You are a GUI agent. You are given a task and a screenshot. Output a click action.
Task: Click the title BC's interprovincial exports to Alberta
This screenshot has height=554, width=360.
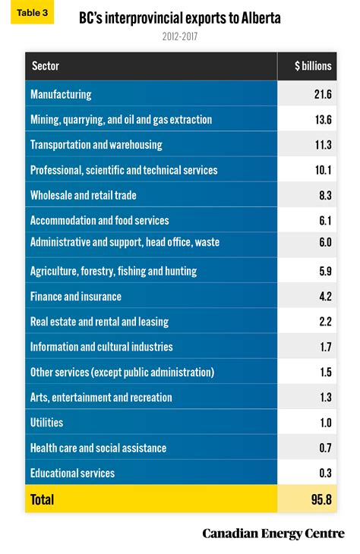click(180, 18)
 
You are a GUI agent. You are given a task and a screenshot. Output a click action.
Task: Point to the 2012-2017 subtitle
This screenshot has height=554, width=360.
click(180, 36)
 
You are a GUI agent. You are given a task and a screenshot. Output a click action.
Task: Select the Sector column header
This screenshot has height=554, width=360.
click(46, 66)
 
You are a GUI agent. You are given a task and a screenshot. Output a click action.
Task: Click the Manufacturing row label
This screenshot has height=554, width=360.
click(61, 94)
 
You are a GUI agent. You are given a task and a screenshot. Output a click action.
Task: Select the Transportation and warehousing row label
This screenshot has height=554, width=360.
click(96, 145)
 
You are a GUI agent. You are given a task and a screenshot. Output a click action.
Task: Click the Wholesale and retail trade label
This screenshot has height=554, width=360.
click(84, 195)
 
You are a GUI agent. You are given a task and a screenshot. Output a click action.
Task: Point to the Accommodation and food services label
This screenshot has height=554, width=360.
click(99, 220)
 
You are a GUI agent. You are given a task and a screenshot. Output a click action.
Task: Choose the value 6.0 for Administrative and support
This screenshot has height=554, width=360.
click(324, 243)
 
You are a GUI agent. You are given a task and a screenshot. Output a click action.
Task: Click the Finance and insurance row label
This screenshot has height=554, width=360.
click(76, 296)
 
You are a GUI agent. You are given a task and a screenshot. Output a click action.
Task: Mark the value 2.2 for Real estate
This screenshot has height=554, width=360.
click(324, 322)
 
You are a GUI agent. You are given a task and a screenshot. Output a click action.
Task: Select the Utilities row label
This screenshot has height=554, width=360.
click(46, 423)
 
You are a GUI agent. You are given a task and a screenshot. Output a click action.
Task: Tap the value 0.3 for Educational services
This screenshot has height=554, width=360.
click(324, 473)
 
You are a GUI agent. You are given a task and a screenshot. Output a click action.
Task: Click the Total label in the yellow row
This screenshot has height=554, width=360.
click(43, 499)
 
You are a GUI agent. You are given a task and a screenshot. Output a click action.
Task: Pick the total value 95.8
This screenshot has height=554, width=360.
click(321, 499)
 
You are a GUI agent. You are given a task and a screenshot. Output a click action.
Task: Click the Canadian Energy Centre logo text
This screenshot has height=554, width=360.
click(273, 534)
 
